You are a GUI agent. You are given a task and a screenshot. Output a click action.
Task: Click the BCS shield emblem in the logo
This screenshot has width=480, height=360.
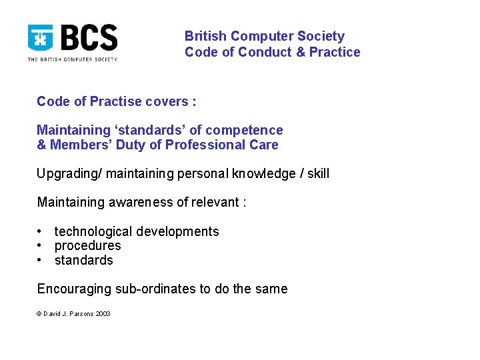pyautogui.click(x=41, y=38)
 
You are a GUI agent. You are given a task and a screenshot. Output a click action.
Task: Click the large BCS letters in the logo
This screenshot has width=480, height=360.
pyautogui.click(x=90, y=38)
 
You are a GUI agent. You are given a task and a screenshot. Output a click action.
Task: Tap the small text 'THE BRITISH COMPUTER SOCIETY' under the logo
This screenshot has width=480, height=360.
pyautogui.click(x=72, y=59)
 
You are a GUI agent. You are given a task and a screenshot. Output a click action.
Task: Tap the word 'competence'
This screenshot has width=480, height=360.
pyautogui.click(x=249, y=130)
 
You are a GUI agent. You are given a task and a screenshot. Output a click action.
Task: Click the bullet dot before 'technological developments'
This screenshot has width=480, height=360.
pyautogui.click(x=41, y=231)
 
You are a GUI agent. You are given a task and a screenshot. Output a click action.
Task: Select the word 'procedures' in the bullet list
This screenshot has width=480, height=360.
pyautogui.click(x=87, y=246)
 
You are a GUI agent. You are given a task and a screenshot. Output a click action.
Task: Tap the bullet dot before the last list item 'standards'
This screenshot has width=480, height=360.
pyautogui.click(x=41, y=260)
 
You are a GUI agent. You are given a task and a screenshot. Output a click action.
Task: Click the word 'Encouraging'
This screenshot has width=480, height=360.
pyautogui.click(x=74, y=289)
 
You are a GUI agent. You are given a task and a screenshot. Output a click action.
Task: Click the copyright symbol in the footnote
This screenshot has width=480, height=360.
pyautogui.click(x=39, y=314)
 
